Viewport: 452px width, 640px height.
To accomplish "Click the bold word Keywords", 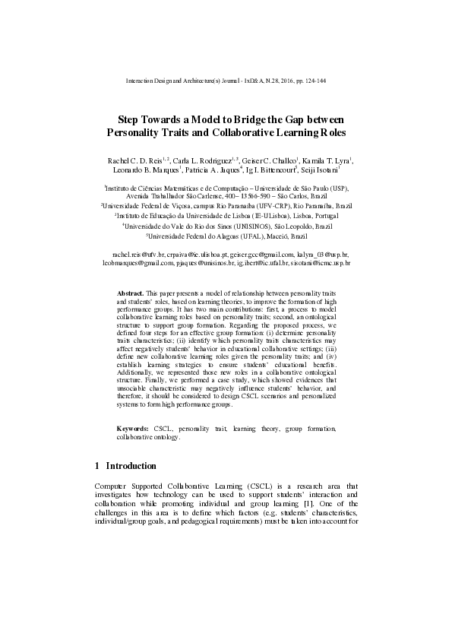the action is [132, 429].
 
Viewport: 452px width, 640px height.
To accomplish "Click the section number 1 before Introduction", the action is [97, 465].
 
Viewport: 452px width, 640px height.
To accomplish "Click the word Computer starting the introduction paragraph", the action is [111, 485].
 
